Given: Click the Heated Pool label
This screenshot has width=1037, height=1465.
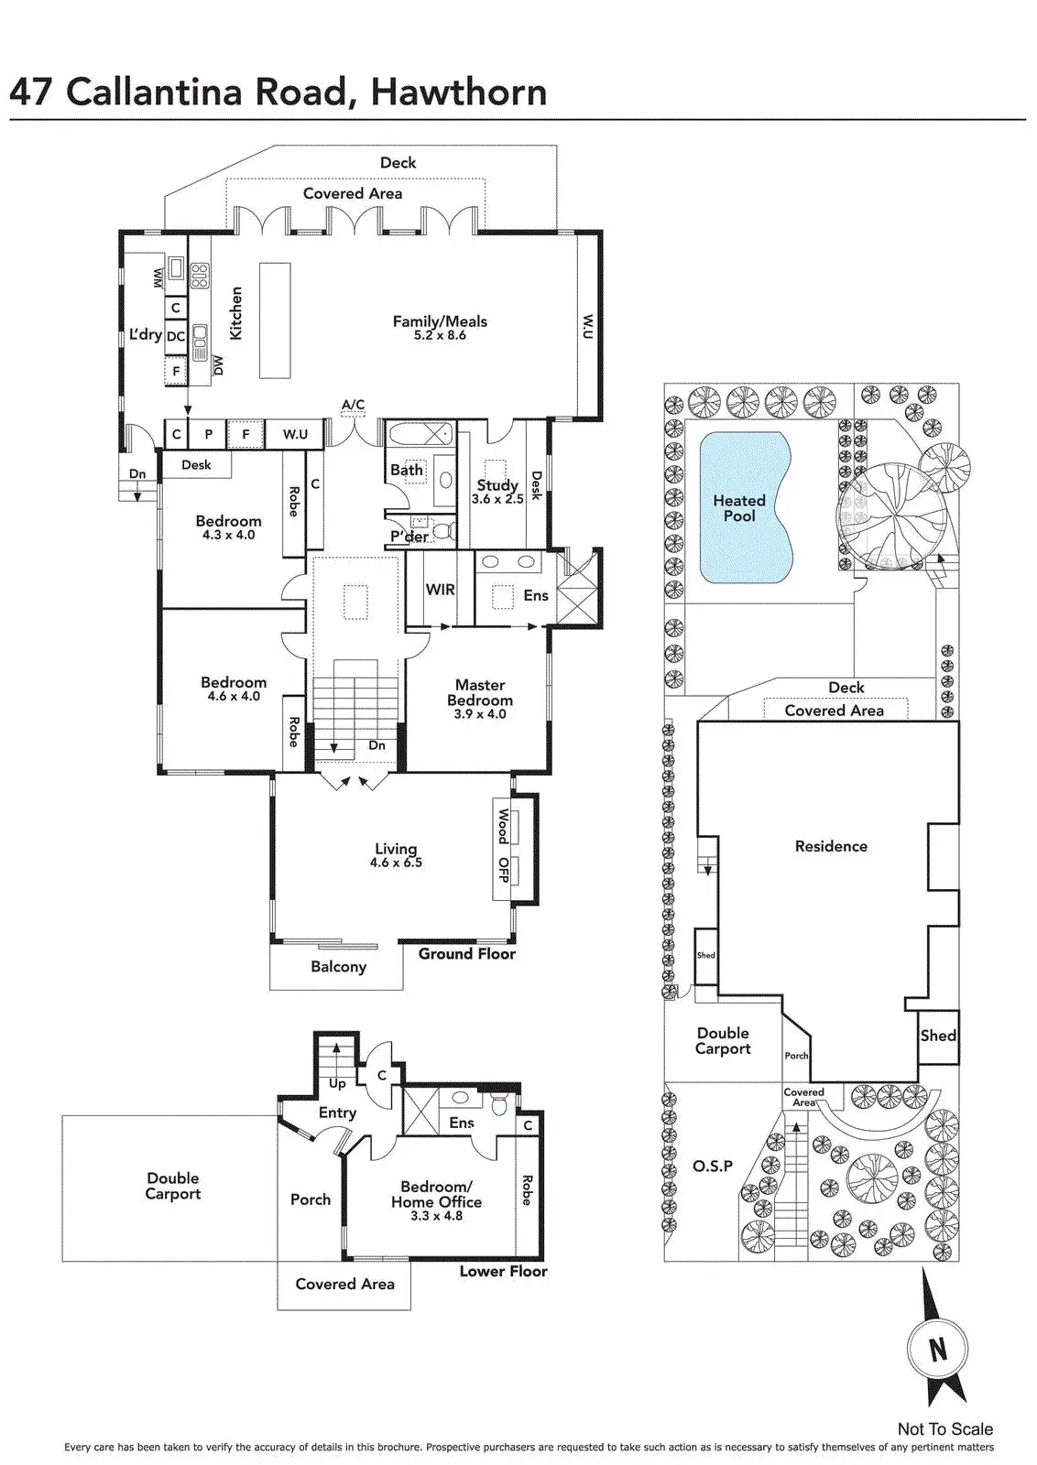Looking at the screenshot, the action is tap(739, 508).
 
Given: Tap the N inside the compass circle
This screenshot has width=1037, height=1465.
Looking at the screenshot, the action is tap(937, 1350).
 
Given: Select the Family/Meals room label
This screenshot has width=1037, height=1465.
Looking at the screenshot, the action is tap(440, 321).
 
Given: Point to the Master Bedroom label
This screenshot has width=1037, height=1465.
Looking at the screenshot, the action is tap(480, 692).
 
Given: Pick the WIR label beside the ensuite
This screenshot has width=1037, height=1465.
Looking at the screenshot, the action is tap(440, 590).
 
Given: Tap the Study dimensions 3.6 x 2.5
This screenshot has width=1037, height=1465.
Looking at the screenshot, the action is tap(497, 499).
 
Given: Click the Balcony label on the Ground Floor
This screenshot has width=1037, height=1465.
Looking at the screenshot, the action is tap(338, 967).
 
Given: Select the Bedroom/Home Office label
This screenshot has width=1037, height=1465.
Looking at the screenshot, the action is tap(436, 1194).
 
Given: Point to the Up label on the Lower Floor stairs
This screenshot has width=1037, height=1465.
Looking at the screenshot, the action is tap(337, 1084).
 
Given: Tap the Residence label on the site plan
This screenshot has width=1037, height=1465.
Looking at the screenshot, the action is tap(831, 846).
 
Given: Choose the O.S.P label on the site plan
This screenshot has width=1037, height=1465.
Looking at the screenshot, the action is tap(713, 1166).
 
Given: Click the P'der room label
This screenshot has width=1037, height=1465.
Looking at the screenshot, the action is tap(409, 537).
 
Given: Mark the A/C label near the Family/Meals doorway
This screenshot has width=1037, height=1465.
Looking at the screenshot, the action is tap(353, 405).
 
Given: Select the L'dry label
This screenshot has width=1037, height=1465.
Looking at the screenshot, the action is tap(145, 334).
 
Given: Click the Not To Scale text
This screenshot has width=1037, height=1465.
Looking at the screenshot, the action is tap(944, 1428).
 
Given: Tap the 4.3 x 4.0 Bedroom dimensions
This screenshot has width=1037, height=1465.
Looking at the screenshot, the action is tap(228, 535).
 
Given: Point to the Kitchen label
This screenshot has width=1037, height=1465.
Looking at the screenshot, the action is tap(236, 313).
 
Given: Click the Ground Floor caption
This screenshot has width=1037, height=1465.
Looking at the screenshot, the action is tap(466, 954).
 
